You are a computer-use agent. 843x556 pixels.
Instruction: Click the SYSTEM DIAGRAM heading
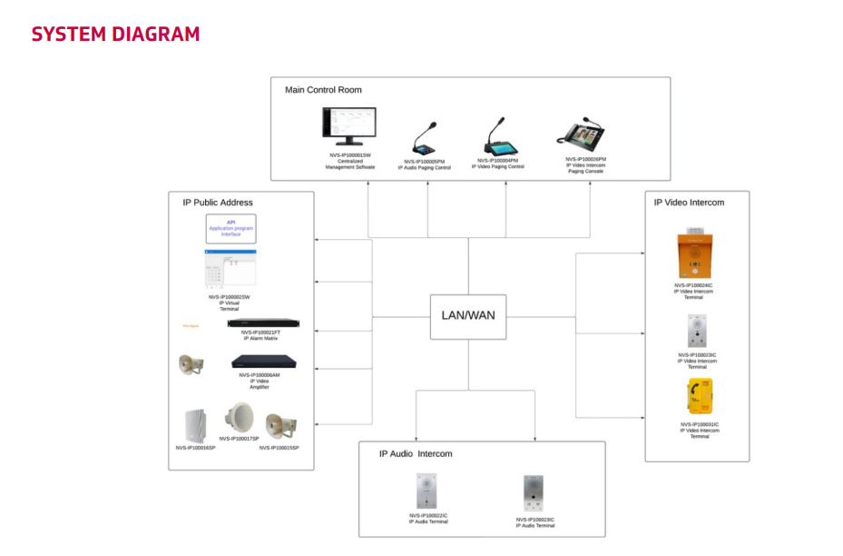click(x=115, y=35)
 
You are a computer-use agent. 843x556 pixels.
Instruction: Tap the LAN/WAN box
click(x=467, y=316)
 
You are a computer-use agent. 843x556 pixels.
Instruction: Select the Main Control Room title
click(x=323, y=90)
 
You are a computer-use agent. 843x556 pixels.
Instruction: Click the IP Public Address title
click(x=218, y=203)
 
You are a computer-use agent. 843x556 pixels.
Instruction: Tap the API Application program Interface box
click(x=230, y=228)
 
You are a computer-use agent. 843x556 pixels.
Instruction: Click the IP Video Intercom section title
click(x=689, y=203)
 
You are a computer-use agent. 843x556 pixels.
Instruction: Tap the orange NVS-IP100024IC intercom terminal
click(x=694, y=257)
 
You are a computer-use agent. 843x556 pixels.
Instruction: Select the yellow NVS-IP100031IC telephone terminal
click(x=700, y=397)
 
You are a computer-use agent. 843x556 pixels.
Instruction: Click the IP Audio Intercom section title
click(x=416, y=453)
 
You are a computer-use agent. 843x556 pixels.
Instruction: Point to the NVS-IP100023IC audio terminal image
click(x=534, y=493)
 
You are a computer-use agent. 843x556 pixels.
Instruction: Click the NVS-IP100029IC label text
click(x=697, y=355)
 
